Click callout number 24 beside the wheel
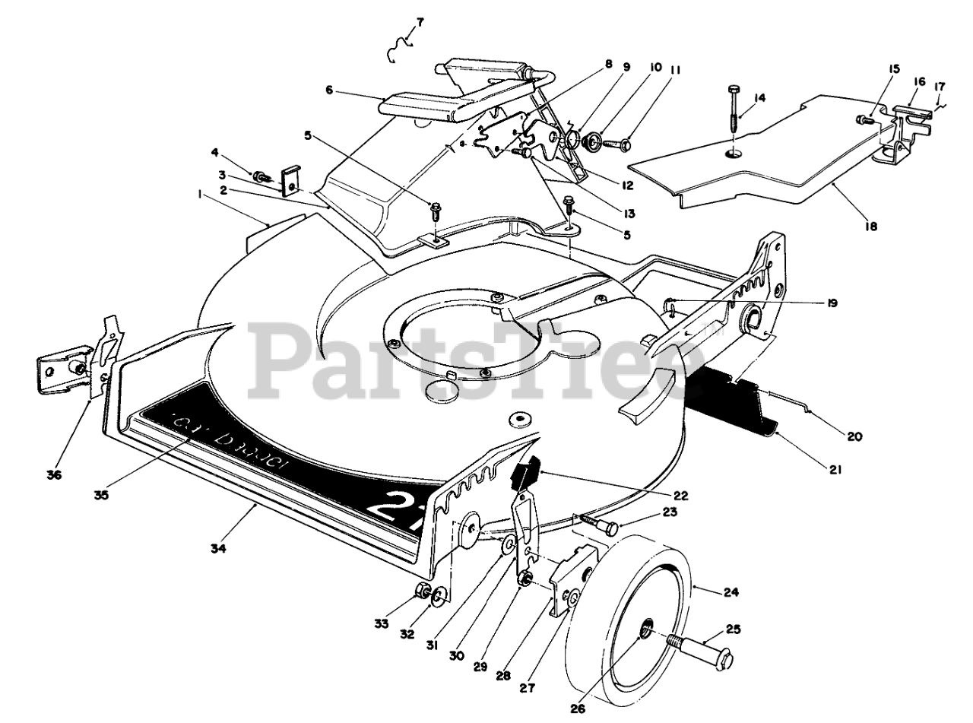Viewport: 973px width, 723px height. point(732,591)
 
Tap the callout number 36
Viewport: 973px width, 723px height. point(53,475)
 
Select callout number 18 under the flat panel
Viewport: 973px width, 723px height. point(871,226)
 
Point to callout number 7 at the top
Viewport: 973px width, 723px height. point(420,22)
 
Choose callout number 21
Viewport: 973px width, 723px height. point(835,470)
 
